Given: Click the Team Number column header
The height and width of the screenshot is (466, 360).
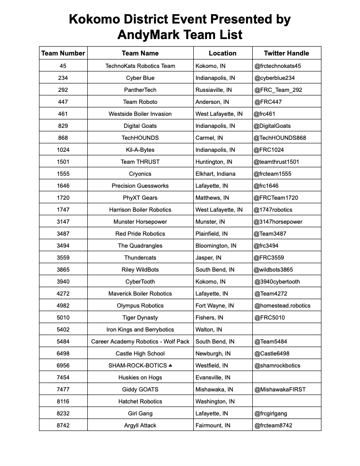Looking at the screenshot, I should pyautogui.click(x=63, y=53).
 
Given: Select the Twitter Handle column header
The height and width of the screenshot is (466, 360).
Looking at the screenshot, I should pyautogui.click(x=286, y=53).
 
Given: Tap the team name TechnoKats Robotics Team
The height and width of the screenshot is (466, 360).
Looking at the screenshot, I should pyautogui.click(x=140, y=66).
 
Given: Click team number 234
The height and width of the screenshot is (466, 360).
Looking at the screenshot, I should pyautogui.click(x=63, y=78).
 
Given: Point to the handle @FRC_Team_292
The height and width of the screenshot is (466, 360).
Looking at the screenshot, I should pyautogui.click(x=278, y=90).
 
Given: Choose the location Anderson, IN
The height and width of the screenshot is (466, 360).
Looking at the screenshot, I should pyautogui.click(x=212, y=102).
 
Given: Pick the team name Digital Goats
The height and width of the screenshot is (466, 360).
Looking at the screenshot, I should pyautogui.click(x=140, y=126).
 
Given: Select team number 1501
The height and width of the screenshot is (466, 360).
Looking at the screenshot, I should pyautogui.click(x=63, y=162).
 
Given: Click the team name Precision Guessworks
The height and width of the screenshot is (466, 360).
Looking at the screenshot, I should pyautogui.click(x=140, y=186).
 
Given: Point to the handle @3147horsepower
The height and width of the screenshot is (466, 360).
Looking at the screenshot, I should pyautogui.click(x=278, y=222).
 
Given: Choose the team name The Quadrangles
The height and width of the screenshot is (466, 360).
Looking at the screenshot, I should pyautogui.click(x=140, y=246).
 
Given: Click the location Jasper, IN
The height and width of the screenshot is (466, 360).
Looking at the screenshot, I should pyautogui.click(x=210, y=258).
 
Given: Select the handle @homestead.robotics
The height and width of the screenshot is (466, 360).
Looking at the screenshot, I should pyautogui.click(x=282, y=306).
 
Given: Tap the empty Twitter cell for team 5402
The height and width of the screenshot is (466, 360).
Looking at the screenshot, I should pyautogui.click(x=286, y=330).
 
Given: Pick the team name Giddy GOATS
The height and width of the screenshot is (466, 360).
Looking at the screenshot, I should pyautogui.click(x=140, y=390).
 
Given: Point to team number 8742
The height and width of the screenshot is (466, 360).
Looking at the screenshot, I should pyautogui.click(x=63, y=426).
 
